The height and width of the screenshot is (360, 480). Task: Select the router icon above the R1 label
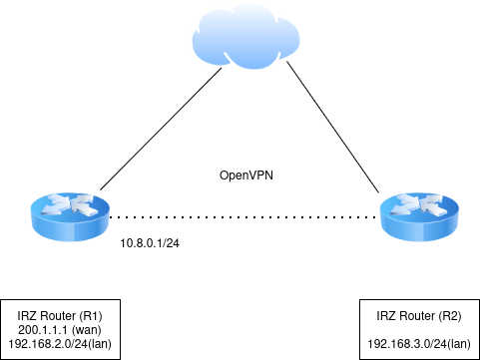pos(70,216)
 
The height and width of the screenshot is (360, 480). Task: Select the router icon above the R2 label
pos(419,216)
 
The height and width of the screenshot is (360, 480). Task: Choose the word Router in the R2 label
pos(418,316)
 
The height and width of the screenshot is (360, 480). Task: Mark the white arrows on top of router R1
pos(70,206)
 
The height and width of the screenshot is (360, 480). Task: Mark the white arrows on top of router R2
pos(419,206)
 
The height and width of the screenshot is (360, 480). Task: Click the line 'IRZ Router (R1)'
pos(61,316)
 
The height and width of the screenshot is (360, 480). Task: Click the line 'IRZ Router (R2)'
pos(420,316)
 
